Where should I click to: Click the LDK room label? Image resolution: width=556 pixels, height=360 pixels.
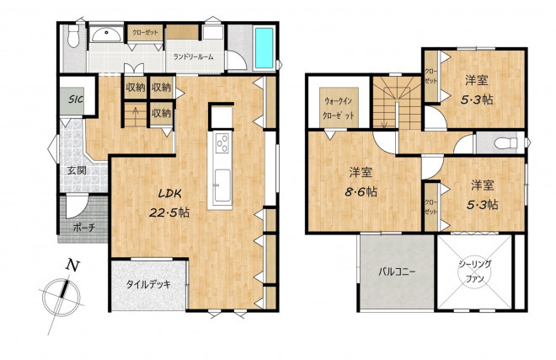click(x=169, y=194)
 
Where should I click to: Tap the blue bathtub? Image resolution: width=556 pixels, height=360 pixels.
click(x=265, y=47)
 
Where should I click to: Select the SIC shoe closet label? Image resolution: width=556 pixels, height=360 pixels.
click(x=76, y=99)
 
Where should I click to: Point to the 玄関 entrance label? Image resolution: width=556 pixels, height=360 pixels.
click(x=77, y=170)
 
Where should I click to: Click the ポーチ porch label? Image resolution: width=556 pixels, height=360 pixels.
click(x=84, y=228)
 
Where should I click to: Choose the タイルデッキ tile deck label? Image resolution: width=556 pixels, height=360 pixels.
click(x=148, y=284)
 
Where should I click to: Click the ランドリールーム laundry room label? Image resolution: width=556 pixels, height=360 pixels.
click(x=193, y=56)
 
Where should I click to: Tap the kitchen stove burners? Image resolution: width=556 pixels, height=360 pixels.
click(x=222, y=142)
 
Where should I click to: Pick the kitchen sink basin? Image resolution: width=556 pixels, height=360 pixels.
click(x=222, y=185)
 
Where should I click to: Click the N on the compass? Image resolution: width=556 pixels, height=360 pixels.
click(x=72, y=266)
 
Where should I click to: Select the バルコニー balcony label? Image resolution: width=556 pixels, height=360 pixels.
click(x=397, y=272)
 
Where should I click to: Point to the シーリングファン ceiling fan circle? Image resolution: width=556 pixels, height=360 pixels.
click(x=475, y=272)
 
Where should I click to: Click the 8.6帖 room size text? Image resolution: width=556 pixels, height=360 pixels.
click(x=361, y=192)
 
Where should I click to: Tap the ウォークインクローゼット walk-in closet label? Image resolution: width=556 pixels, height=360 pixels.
click(x=339, y=108)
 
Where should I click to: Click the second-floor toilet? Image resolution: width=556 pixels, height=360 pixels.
click(x=505, y=143)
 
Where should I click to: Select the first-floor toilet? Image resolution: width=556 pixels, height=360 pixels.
click(x=73, y=36)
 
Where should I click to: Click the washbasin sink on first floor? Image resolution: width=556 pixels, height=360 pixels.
click(x=106, y=35)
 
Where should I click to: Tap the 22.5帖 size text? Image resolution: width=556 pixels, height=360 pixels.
click(x=168, y=212)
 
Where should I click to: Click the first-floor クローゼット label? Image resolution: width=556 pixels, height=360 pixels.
click(x=145, y=33)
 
